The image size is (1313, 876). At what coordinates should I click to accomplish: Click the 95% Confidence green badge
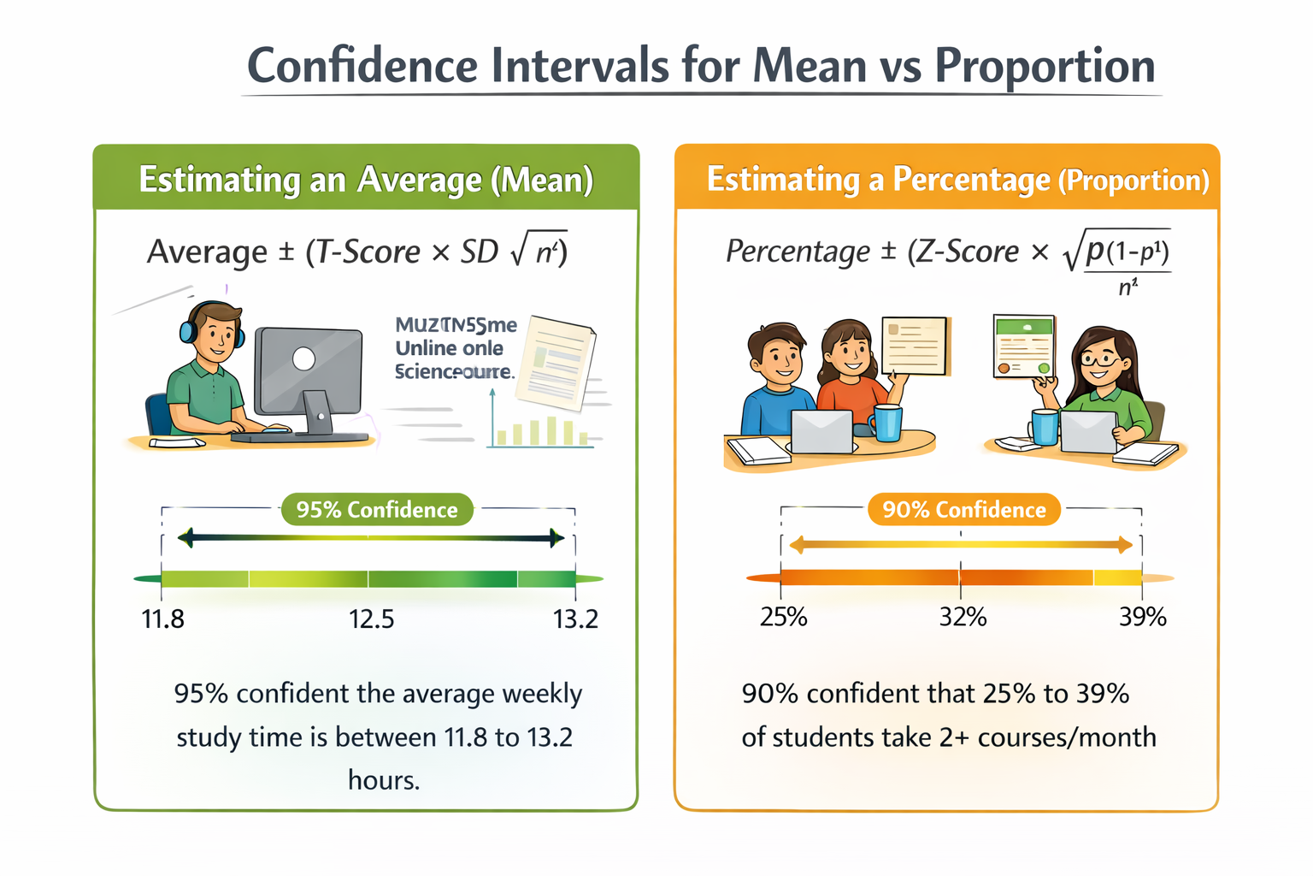point(377,510)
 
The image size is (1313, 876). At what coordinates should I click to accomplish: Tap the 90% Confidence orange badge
point(963,510)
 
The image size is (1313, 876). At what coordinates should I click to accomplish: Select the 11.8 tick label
point(162,619)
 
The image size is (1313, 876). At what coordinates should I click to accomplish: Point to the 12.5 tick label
point(371,619)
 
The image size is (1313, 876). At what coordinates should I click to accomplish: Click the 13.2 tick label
point(575,619)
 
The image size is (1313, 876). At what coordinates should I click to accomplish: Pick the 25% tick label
point(783,617)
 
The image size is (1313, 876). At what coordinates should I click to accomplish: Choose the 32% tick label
point(963,617)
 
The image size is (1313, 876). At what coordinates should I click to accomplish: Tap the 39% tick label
point(1143,617)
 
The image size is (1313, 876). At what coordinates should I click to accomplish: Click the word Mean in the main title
point(810,66)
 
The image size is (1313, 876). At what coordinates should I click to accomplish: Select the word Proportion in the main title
point(1045,66)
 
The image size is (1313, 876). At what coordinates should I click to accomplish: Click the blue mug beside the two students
point(886,423)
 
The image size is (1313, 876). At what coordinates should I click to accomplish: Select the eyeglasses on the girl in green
point(1101,358)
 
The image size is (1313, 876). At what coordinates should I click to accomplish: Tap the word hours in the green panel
point(384,780)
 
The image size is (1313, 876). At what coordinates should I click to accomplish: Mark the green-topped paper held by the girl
point(1024,346)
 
